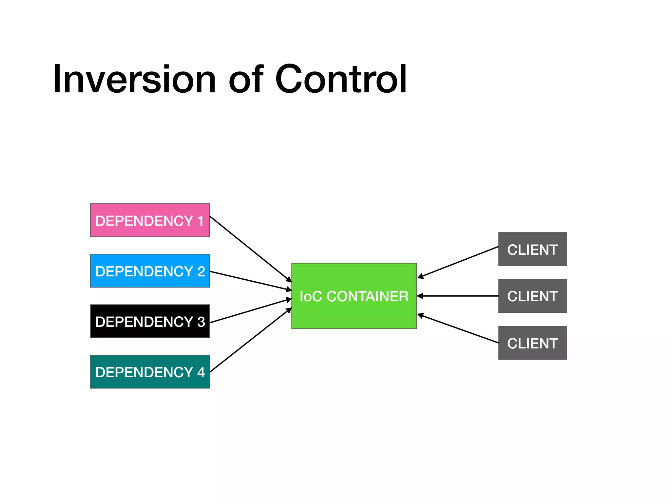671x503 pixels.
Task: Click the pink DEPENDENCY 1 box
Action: click(x=150, y=220)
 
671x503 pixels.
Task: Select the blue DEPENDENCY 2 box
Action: click(x=150, y=271)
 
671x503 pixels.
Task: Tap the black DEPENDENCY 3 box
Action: click(x=150, y=321)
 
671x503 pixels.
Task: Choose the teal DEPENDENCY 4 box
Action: click(x=150, y=372)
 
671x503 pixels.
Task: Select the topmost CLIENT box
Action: click(x=532, y=249)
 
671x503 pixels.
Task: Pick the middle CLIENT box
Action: click(x=532, y=296)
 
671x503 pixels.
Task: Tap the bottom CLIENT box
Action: click(x=532, y=343)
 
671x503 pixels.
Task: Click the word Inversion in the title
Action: click(x=134, y=80)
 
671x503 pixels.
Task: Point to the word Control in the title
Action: click(x=341, y=80)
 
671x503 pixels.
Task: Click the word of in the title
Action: click(x=246, y=80)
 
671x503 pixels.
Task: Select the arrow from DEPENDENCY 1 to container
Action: click(x=250, y=249)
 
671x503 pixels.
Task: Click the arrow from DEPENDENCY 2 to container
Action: click(x=250, y=281)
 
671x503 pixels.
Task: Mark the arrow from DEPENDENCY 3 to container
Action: click(x=250, y=311)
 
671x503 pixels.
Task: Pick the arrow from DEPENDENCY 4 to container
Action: click(x=250, y=340)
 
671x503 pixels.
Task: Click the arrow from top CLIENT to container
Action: click(x=458, y=262)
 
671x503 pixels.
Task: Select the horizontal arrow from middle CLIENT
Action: click(x=458, y=296)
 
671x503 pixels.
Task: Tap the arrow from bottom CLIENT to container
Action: click(x=458, y=329)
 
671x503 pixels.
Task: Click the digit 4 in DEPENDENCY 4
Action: click(x=201, y=372)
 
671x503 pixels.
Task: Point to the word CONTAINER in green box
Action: click(x=367, y=296)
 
